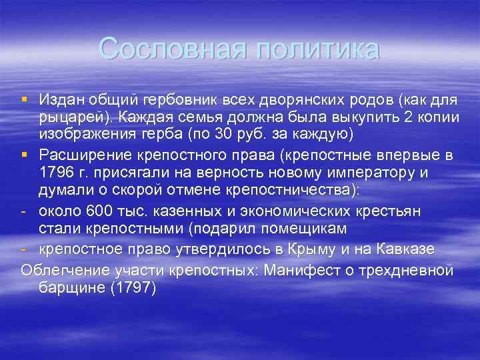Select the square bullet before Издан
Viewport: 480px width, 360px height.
[x=25, y=100]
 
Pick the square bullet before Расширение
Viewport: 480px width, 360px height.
[x=25, y=156]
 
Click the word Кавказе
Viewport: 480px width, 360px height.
[x=411, y=249]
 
